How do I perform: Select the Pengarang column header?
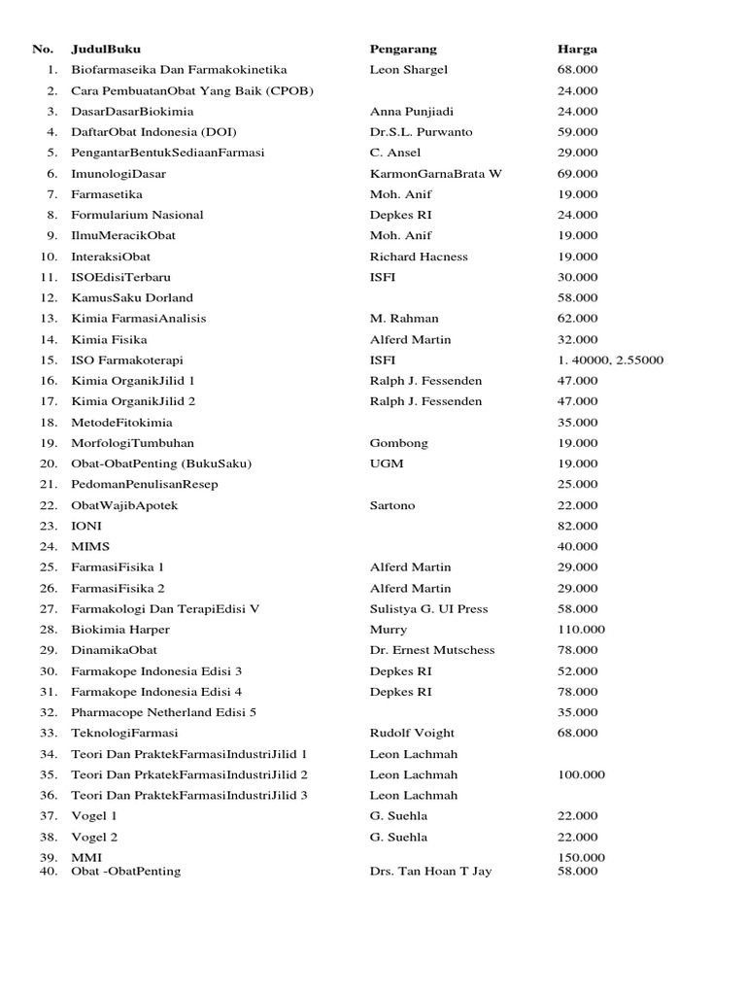(x=403, y=49)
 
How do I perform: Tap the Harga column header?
(x=577, y=49)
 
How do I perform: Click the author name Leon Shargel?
(x=409, y=70)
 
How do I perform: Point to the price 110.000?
(x=581, y=630)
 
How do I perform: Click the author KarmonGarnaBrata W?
(x=436, y=174)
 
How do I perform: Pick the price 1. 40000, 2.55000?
(x=610, y=360)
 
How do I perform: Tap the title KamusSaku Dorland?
(x=132, y=298)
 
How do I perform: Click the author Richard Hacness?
(x=419, y=257)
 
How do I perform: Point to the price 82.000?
(x=578, y=526)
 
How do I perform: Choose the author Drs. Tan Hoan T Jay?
(x=430, y=872)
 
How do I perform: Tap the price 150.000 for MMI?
(x=581, y=858)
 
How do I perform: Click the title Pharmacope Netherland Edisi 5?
(x=164, y=712)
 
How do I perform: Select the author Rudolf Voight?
(x=412, y=734)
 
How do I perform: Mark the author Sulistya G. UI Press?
(x=428, y=609)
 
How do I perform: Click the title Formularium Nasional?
(x=137, y=215)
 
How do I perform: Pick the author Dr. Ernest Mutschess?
(x=432, y=650)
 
